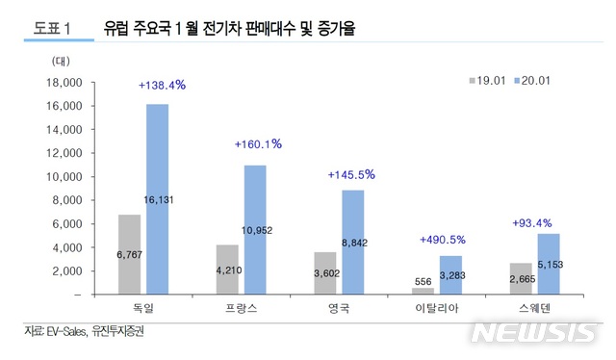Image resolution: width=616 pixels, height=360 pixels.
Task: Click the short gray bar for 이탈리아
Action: (423, 290)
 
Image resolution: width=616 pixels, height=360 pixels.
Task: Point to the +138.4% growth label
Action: (162, 86)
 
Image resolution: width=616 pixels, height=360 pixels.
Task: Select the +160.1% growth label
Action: (257, 144)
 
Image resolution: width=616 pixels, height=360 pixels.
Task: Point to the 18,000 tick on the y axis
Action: (60, 83)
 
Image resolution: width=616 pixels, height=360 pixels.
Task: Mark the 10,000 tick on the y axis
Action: (60, 177)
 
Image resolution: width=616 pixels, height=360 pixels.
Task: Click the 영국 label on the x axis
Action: (340, 309)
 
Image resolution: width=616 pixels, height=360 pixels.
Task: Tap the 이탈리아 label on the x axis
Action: (437, 309)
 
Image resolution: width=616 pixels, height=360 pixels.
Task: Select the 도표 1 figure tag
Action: (51, 30)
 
